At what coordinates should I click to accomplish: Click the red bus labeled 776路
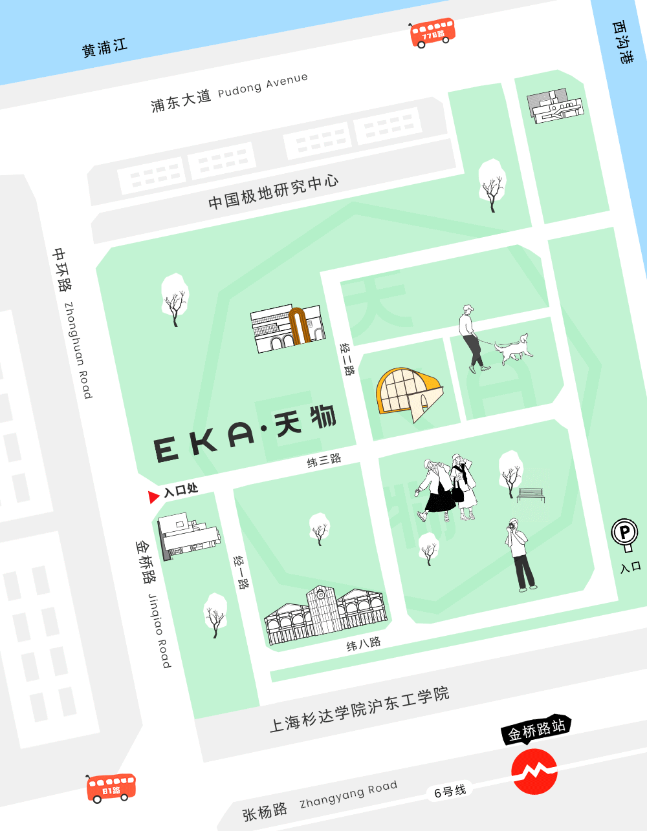(x=432, y=32)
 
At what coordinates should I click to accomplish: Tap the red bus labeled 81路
(x=111, y=788)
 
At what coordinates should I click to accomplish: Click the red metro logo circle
(x=534, y=771)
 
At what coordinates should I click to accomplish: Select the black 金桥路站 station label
(x=536, y=730)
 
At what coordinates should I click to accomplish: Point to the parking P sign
(x=625, y=534)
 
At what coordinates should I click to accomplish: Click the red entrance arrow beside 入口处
(x=153, y=497)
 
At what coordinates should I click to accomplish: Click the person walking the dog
(x=471, y=340)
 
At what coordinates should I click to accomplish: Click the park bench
(x=531, y=494)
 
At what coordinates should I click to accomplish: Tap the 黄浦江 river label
(x=105, y=47)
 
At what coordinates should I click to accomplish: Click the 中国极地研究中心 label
(x=273, y=192)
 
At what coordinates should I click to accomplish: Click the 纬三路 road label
(x=323, y=461)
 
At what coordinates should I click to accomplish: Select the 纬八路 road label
(x=363, y=644)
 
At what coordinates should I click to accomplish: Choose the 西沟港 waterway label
(x=622, y=42)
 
